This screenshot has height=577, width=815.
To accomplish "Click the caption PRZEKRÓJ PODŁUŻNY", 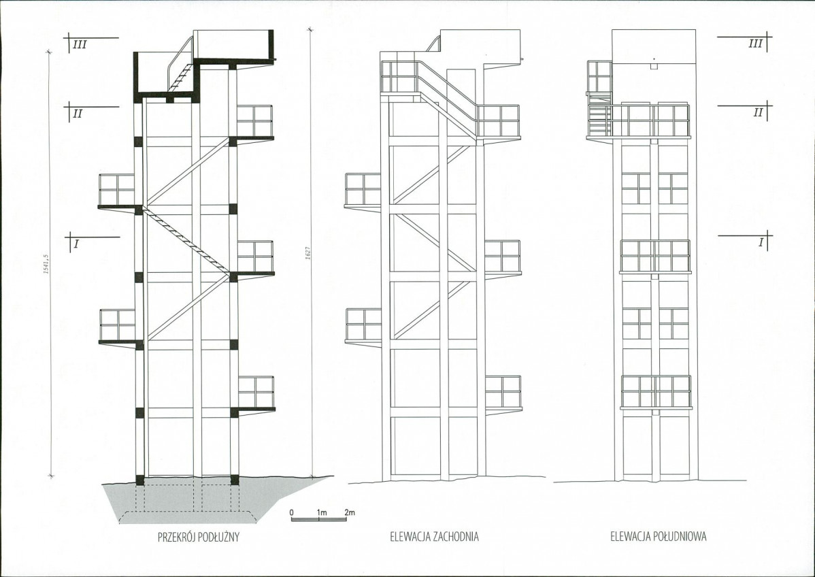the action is [x=199, y=537].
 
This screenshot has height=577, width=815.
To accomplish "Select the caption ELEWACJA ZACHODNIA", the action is [x=435, y=536].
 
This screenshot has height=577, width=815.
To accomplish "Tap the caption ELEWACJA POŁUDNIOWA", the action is [x=659, y=536].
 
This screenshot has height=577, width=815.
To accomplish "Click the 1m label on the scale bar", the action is [x=321, y=512].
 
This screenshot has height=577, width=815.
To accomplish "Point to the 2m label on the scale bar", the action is [x=350, y=512].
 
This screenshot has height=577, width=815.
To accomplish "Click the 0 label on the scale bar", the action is [x=292, y=512].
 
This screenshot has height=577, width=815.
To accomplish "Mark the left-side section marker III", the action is [x=80, y=45].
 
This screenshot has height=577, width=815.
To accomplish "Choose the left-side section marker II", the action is [x=78, y=114].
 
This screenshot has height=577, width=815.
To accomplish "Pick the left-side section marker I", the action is [x=76, y=244].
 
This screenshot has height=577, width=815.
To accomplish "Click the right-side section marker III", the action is [x=755, y=44].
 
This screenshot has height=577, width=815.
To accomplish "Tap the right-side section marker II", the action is [x=758, y=112].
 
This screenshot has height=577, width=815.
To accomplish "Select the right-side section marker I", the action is [x=761, y=242].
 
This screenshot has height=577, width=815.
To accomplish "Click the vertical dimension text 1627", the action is [x=307, y=253].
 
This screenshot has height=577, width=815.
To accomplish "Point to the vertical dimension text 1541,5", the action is [x=46, y=264].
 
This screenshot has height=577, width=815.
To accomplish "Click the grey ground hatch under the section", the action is [x=208, y=501].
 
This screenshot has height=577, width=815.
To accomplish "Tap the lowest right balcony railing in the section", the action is [x=256, y=392].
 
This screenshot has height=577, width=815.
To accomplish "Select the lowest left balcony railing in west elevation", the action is [x=363, y=325].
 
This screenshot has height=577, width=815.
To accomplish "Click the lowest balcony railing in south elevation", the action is [x=656, y=391].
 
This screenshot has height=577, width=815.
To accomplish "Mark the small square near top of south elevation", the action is [x=654, y=67].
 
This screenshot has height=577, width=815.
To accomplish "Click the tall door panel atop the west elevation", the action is [x=461, y=91].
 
